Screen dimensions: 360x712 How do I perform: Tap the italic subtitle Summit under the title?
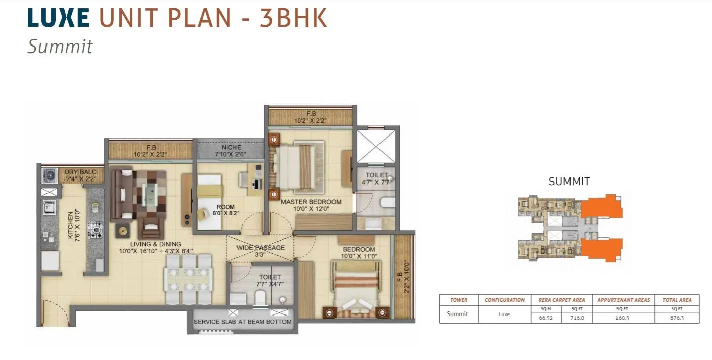coord(60,47)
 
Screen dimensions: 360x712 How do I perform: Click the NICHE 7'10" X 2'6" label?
coord(231,150)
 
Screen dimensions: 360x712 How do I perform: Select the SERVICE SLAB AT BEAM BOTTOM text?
coord(243,322)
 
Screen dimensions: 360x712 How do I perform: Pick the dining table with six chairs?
coord(188,279)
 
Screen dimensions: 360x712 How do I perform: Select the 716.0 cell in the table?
coord(577,318)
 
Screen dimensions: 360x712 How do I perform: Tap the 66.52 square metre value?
coord(546,318)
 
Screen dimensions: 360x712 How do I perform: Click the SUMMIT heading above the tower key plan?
coord(569,182)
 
